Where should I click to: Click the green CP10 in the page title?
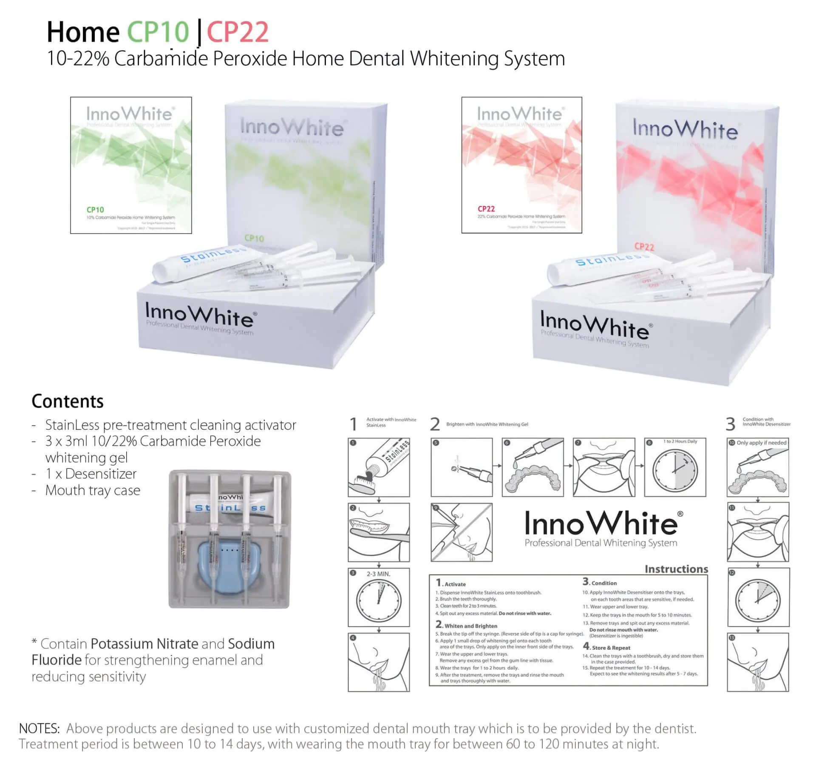[158, 32]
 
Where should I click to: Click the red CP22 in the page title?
[238, 32]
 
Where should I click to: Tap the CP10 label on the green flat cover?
[95, 210]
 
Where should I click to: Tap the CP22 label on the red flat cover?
[486, 209]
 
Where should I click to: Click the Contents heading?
[68, 401]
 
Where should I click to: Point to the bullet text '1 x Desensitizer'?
[91, 474]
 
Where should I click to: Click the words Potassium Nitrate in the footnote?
[144, 644]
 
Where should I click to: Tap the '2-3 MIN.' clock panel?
[379, 597]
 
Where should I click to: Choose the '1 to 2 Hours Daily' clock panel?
[675, 467]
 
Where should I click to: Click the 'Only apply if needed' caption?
[761, 443]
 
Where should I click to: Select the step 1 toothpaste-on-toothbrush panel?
[379, 467]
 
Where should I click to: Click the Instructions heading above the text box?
[676, 569]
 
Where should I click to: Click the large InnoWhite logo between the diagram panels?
[601, 524]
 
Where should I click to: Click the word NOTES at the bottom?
[40, 728]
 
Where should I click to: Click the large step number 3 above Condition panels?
[730, 424]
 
